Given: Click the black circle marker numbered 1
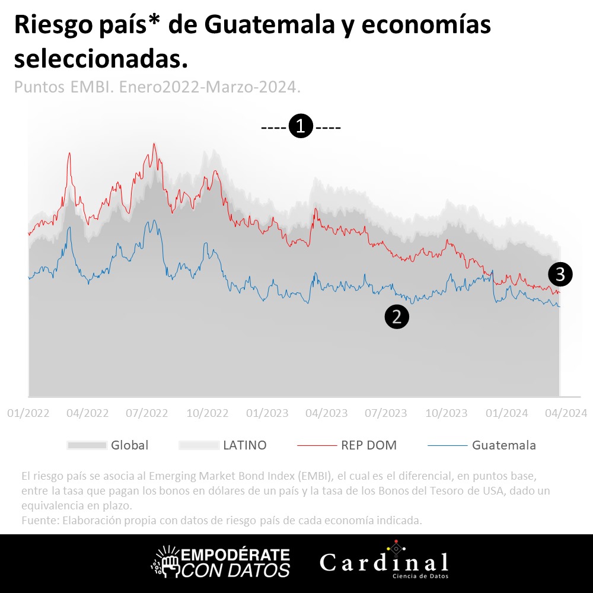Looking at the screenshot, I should [x=301, y=126].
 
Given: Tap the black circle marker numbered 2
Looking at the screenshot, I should [x=397, y=317].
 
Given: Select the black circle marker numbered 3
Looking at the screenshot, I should [x=560, y=274].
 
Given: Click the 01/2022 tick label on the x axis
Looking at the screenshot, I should [x=28, y=413].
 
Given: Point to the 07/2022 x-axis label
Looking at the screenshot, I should [x=148, y=413].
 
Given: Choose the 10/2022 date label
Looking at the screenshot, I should [x=208, y=413].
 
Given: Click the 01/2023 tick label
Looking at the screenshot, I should [x=267, y=413].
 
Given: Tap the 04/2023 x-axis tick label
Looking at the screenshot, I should [x=326, y=413].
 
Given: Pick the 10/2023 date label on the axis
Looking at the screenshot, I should [x=447, y=413].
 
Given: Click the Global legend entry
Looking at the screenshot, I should [x=129, y=445].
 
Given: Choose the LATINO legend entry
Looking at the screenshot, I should [x=244, y=445].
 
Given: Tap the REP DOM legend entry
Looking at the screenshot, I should [x=369, y=445].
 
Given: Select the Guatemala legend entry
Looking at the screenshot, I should [x=503, y=445].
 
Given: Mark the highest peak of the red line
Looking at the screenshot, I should [x=154, y=144].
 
